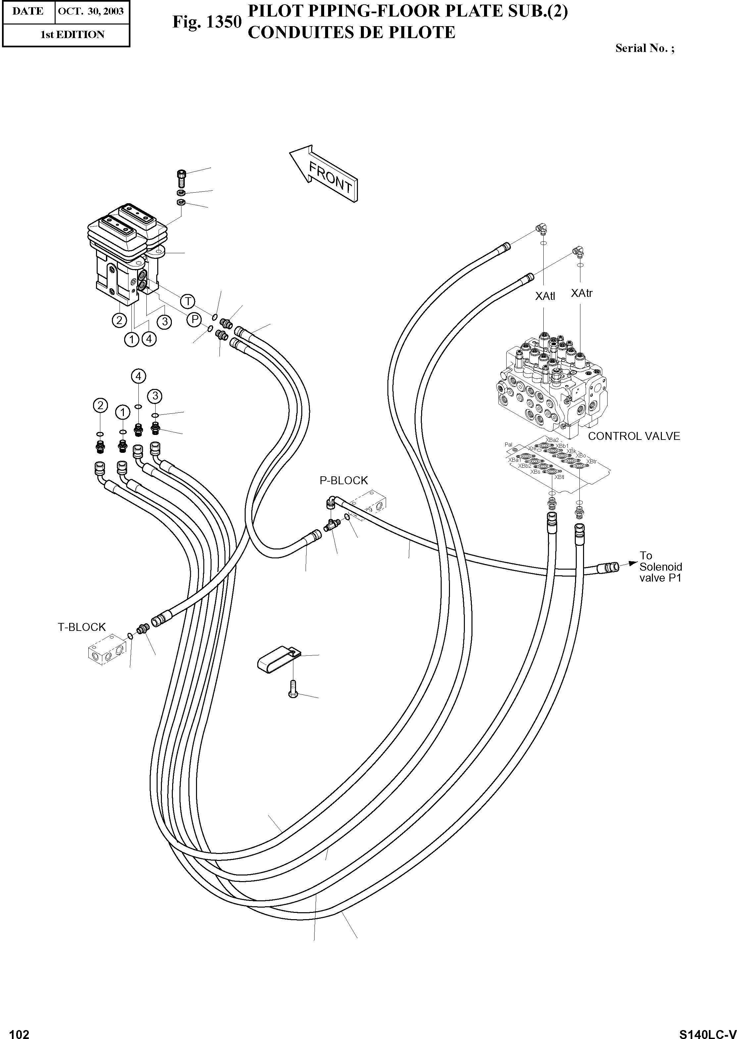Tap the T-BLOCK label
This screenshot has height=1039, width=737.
(x=82, y=627)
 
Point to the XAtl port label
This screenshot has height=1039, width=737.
(x=545, y=296)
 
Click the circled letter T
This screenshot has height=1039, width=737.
(x=187, y=301)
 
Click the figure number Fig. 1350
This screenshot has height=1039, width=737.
(x=207, y=22)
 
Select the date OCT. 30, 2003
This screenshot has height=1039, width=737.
(x=91, y=11)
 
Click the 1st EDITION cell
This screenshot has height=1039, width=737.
(x=73, y=34)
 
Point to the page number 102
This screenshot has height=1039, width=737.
(x=19, y=1031)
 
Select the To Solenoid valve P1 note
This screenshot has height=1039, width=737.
(x=660, y=567)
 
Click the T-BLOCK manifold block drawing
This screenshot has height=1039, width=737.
(x=105, y=652)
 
